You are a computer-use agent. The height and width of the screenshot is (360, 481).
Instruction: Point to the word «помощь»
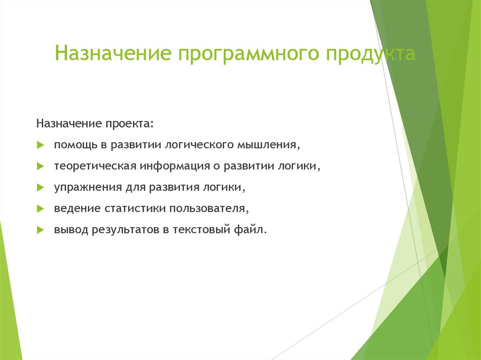pos(75,145)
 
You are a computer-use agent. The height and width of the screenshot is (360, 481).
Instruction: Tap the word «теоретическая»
pos(95,166)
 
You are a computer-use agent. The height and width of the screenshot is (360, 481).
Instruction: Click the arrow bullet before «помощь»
pos(40,146)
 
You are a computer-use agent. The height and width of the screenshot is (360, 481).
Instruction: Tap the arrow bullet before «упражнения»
pos(40,188)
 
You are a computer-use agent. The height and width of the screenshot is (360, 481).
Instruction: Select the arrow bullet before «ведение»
pos(40,209)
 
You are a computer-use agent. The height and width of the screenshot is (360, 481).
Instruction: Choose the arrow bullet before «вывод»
pos(40,230)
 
